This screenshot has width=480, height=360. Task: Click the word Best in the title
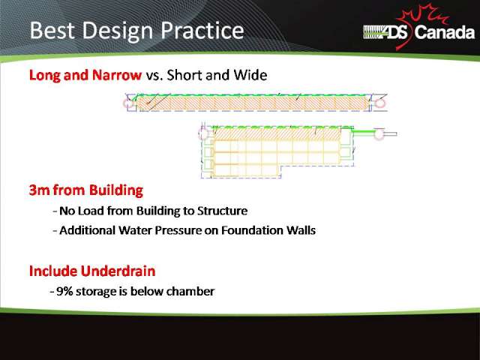(x=52, y=30)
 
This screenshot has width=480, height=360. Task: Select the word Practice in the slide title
(x=202, y=31)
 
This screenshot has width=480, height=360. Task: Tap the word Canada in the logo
(x=445, y=32)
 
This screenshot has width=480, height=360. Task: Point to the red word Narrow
(x=117, y=75)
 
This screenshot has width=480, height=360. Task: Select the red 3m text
(x=40, y=190)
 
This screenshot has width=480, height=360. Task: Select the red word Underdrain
(x=118, y=271)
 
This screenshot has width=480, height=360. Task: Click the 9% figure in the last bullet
(x=64, y=291)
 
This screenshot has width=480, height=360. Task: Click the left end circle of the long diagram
(x=128, y=103)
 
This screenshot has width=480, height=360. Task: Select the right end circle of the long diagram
(x=380, y=103)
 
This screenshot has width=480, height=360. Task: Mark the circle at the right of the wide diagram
(x=379, y=133)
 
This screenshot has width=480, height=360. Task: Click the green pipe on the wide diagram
(x=363, y=132)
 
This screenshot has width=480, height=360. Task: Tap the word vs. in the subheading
(x=154, y=76)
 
